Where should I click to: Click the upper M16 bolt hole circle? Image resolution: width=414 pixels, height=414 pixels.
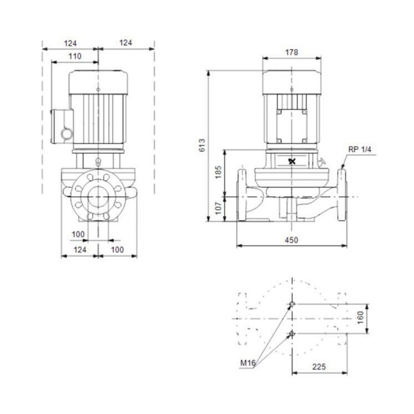point(292,304)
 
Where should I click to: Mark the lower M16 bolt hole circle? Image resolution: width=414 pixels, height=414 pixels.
point(292,335)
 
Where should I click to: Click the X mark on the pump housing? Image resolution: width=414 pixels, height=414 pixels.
point(290,163)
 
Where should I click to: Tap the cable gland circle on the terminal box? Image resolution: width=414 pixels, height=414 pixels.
point(66,132)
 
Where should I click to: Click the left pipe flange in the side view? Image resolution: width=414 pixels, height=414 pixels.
point(242,196)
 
